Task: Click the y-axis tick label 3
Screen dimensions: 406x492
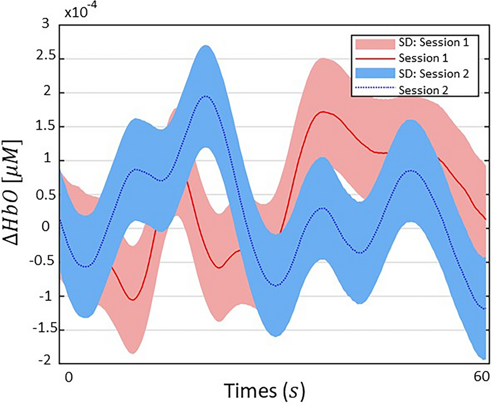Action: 45,24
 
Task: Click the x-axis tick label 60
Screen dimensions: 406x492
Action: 478,376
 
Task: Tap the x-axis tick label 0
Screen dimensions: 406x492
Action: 66,376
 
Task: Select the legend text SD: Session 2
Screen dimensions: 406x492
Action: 435,74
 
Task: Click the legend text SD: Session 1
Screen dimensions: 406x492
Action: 435,43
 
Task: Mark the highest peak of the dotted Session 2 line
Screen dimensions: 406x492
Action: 206,96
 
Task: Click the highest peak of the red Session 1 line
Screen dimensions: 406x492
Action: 323,112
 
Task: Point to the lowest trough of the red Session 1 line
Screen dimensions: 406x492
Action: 133,300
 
